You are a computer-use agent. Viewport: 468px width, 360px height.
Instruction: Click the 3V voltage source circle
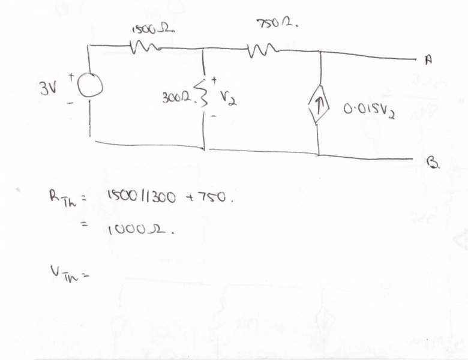pos(90,87)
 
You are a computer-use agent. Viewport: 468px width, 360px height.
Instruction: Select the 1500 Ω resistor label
pos(153,28)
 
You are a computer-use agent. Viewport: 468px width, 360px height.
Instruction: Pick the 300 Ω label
pos(175,97)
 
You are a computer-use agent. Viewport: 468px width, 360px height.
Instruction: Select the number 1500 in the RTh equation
pos(119,196)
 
